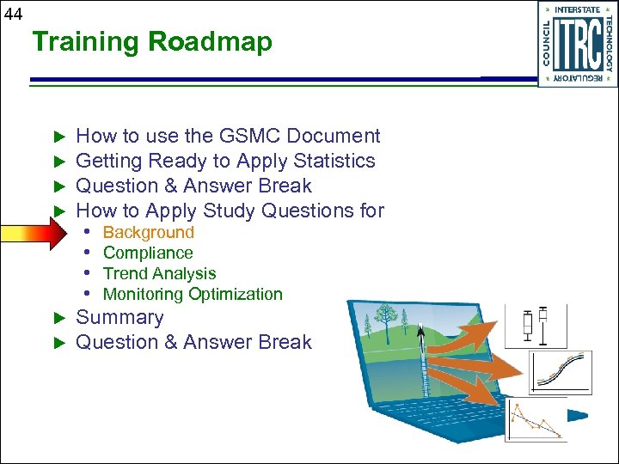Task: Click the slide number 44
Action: [x=13, y=12]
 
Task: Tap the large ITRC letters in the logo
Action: [x=576, y=45]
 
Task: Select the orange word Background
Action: [x=148, y=232]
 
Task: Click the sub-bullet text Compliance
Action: [x=148, y=253]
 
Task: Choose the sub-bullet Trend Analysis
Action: [x=159, y=273]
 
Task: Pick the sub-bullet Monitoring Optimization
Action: [x=193, y=294]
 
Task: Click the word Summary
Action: [x=120, y=317]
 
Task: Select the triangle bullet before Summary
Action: [x=59, y=318]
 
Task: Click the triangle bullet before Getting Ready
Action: [x=59, y=162]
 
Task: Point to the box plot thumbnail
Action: [x=533, y=326]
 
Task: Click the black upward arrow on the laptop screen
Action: [x=420, y=332]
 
